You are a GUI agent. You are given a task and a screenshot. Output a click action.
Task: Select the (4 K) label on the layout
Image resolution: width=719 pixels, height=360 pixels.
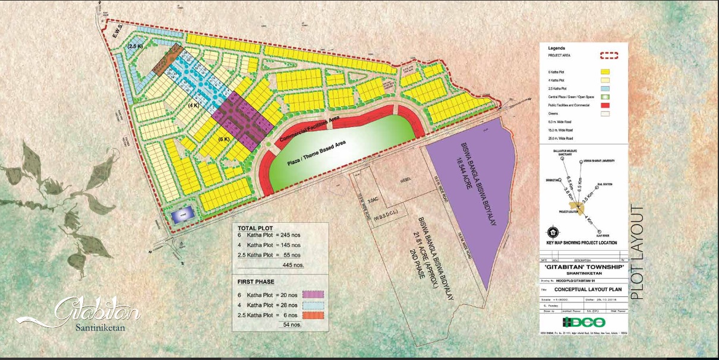point(193,105)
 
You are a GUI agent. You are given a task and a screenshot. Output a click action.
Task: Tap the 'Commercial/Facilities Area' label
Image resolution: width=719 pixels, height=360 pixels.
point(309,129)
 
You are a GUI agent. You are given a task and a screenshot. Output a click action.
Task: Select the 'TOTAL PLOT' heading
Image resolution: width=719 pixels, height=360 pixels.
point(256,228)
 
